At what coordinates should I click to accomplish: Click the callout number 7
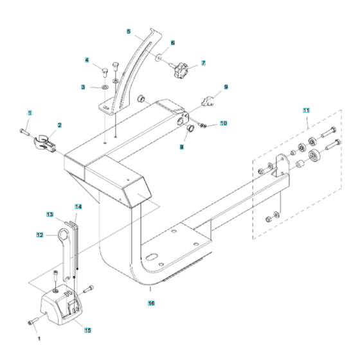(203, 63)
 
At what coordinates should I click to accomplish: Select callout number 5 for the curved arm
(128, 31)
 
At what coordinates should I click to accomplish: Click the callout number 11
(305, 111)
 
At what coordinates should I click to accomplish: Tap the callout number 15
(88, 330)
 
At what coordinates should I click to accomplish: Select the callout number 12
(39, 235)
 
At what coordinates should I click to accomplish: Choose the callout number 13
(49, 214)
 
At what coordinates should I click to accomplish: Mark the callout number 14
(78, 207)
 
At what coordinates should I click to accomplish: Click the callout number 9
(226, 86)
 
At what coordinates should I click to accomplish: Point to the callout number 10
(224, 122)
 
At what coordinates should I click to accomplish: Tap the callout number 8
(181, 147)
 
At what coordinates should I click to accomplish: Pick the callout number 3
(83, 87)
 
